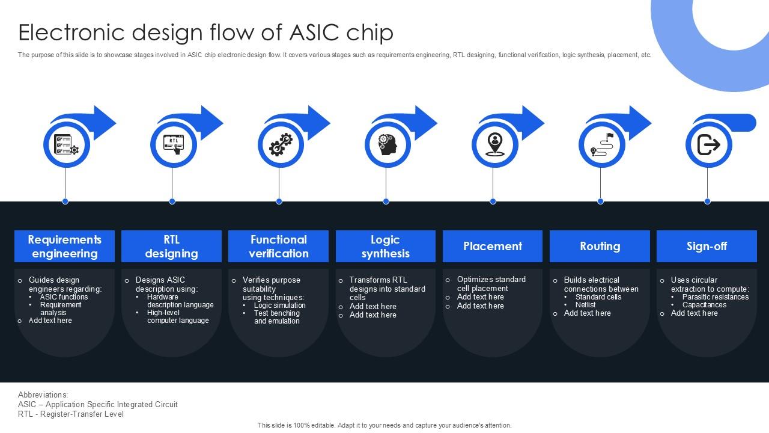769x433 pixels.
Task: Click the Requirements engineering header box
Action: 64,247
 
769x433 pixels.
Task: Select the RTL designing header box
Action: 171,247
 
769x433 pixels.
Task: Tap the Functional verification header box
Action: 278,247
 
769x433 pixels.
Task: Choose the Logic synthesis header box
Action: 385,247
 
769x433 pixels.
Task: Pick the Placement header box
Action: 493,247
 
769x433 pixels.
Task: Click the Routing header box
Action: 600,247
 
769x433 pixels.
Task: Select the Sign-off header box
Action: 707,247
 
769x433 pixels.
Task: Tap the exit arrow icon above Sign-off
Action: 708,144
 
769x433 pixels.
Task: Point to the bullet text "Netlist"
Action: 585,305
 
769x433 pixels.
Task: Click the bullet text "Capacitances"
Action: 704,305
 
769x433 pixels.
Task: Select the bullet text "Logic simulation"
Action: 279,306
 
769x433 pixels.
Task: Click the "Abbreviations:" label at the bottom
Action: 43,395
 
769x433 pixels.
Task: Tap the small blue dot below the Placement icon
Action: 493,201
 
